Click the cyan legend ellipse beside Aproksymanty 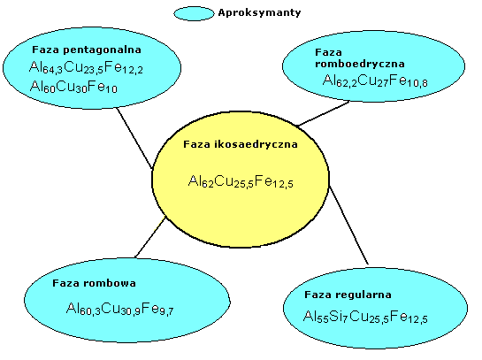tap(194, 13)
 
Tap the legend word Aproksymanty tap(259, 13)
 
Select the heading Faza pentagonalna tap(87, 50)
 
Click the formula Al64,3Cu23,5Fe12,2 tap(86, 67)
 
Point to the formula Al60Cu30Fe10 tap(73, 87)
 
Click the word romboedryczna tap(360, 64)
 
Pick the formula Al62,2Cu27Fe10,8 tap(375, 80)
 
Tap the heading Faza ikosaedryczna tap(241, 144)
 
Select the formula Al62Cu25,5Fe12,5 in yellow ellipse tap(241, 181)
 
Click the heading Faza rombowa tap(94, 283)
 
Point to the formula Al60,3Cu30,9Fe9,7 tap(120, 309)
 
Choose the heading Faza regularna tap(348, 295)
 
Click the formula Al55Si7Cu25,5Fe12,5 tap(365, 317)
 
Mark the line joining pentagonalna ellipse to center tap(134, 138)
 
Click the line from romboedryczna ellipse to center tap(324, 113)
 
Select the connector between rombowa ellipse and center tap(150, 237)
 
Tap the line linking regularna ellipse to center tap(348, 225)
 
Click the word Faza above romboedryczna tap(328, 52)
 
